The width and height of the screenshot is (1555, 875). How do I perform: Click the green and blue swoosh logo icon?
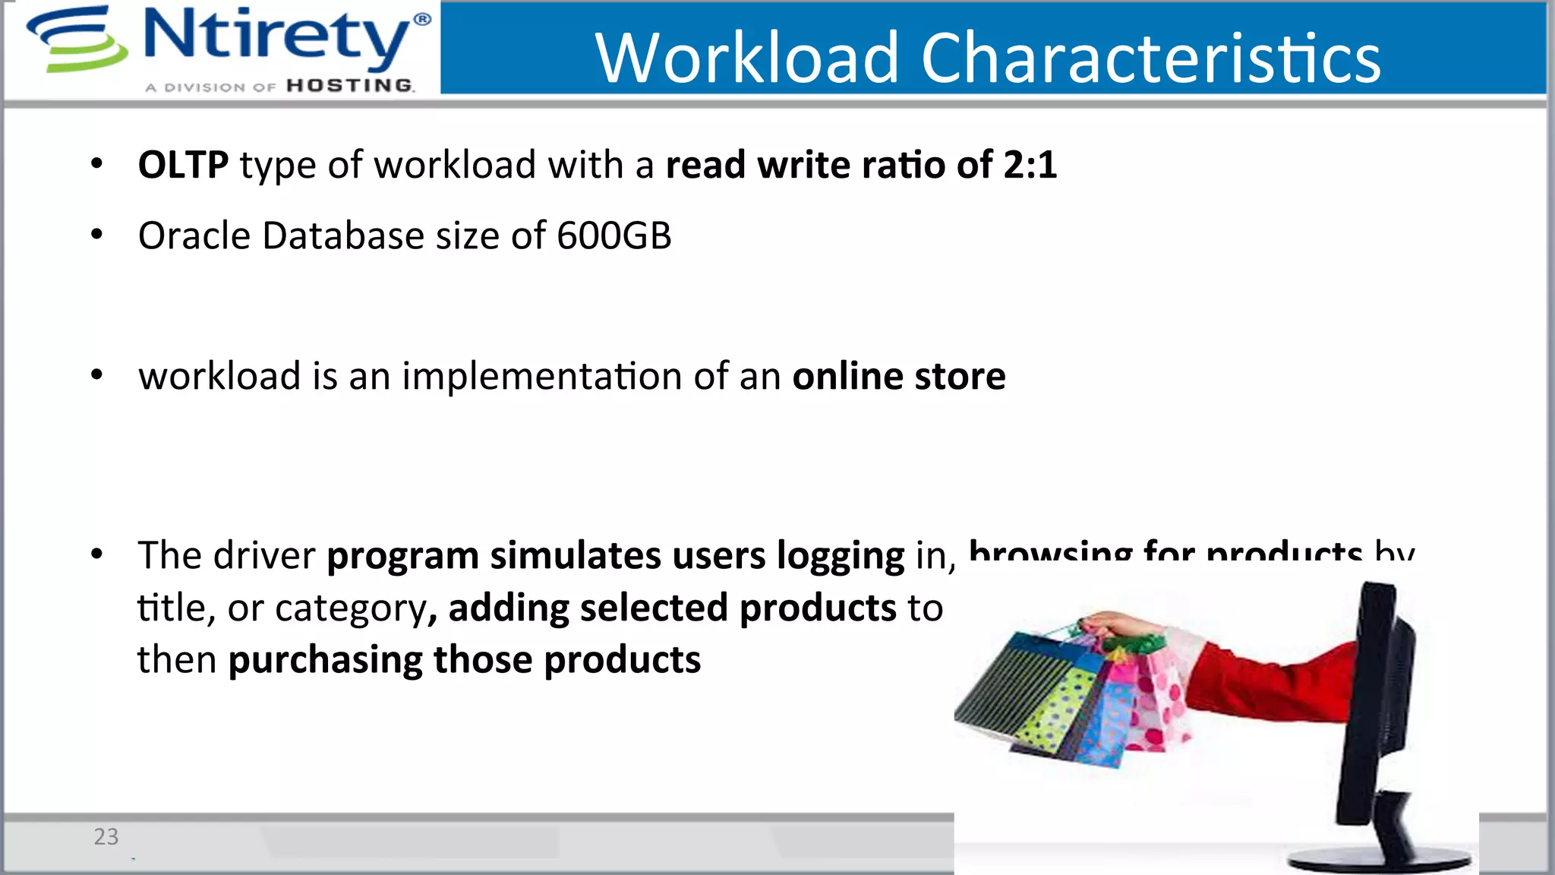tap(76, 39)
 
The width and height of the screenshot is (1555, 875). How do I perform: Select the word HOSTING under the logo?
tap(350, 86)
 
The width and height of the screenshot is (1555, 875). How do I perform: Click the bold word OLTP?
tap(183, 165)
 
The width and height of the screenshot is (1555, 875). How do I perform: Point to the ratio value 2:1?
tap(1030, 165)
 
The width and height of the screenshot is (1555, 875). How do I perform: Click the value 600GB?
tap(613, 235)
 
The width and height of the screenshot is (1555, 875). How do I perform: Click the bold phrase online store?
tap(899, 376)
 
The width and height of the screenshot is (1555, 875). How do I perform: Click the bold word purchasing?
tap(325, 659)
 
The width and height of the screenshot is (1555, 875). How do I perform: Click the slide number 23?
tap(106, 836)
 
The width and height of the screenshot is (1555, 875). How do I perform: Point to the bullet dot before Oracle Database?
tap(96, 235)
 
